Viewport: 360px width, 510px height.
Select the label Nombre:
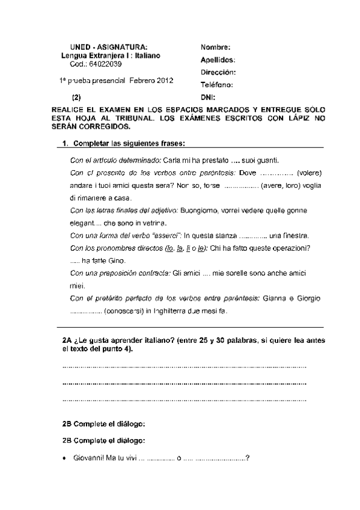tap(216, 48)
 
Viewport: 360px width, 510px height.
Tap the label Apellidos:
tap(218, 60)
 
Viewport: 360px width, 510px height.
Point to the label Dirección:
tap(218, 72)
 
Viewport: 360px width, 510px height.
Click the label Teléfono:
tap(217, 85)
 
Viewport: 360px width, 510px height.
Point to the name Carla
tap(172, 161)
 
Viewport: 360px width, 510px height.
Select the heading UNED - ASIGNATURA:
tap(108, 48)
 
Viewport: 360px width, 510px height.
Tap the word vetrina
tap(153, 223)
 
